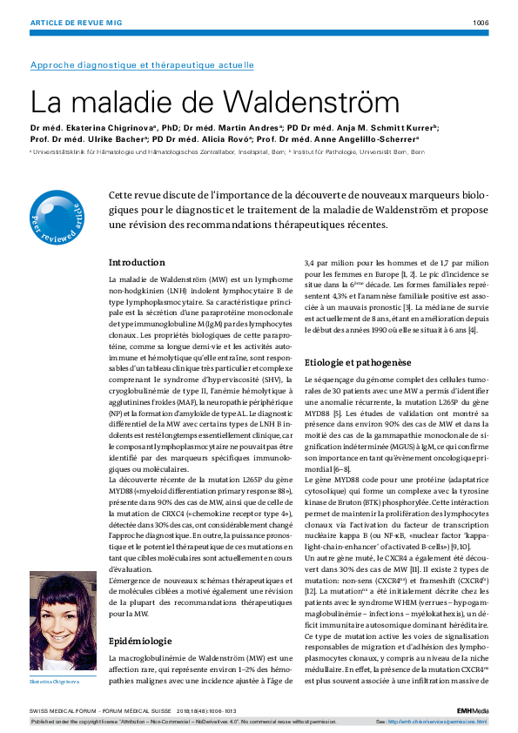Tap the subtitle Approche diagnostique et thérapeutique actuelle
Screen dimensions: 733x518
click(142, 64)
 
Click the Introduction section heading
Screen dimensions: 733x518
click(137, 262)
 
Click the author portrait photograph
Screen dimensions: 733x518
click(63, 620)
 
